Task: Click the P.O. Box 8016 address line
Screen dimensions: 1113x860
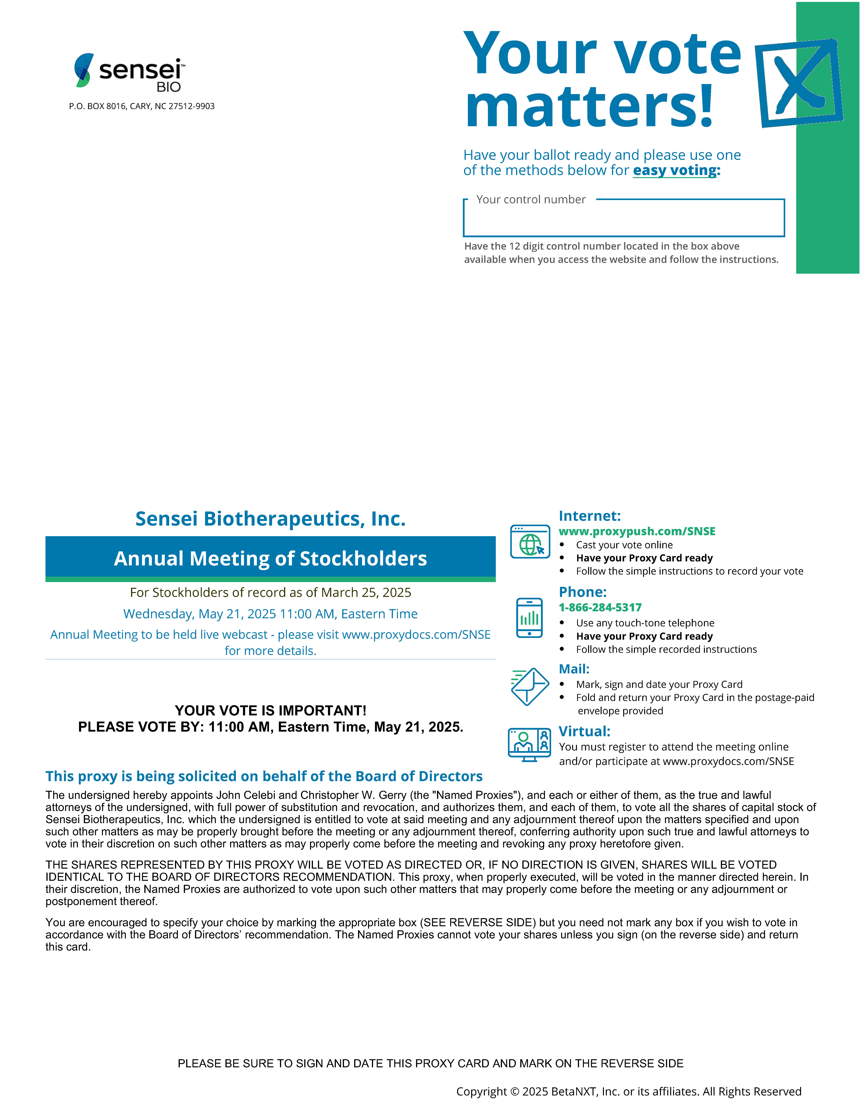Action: tap(142, 106)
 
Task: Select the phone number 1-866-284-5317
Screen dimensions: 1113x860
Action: tap(600, 607)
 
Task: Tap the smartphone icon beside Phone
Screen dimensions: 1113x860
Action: tap(529, 618)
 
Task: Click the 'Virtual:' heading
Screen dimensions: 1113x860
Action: tap(584, 731)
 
